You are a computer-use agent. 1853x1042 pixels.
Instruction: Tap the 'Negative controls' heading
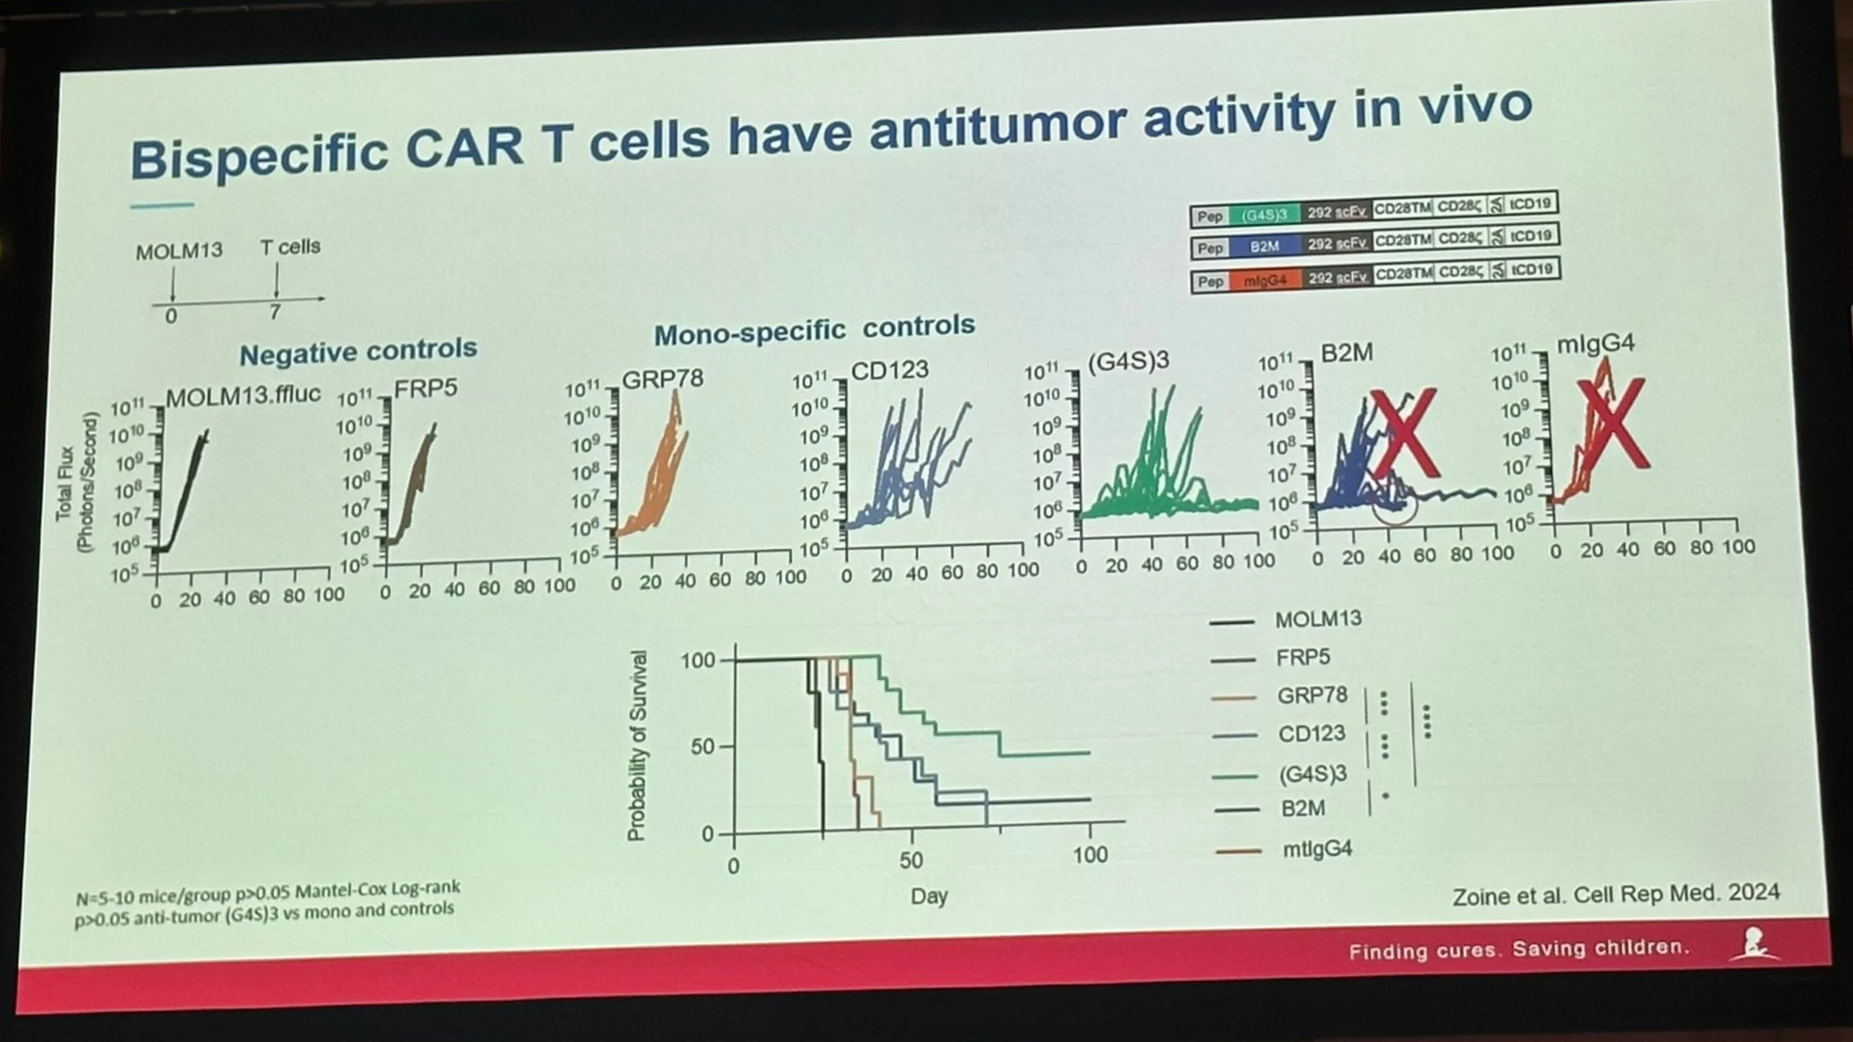click(358, 352)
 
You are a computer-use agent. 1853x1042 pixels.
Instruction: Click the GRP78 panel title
click(662, 379)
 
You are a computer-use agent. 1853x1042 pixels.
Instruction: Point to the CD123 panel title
click(890, 371)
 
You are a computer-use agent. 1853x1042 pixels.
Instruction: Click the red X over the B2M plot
click(1404, 433)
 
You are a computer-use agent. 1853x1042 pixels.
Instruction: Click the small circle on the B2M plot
click(1394, 506)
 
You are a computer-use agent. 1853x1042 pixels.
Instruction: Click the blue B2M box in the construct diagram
click(1264, 246)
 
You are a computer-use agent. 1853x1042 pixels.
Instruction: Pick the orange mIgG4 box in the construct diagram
click(1264, 280)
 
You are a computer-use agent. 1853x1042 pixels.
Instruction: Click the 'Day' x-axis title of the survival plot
click(929, 896)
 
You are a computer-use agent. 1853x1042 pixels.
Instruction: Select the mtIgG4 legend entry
click(1317, 849)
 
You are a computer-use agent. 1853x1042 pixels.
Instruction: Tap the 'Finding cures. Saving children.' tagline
click(1518, 949)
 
